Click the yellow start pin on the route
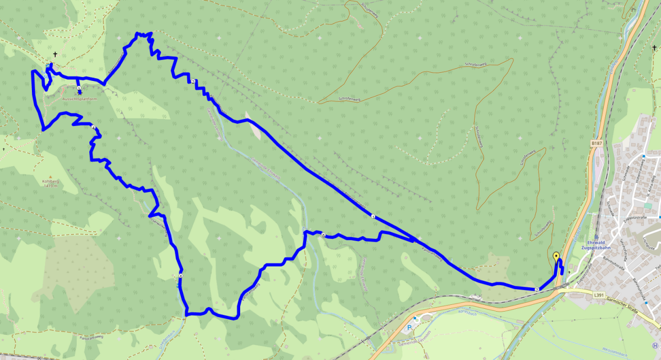(x=556, y=257)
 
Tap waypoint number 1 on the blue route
(x=373, y=216)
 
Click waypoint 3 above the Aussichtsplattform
(x=79, y=88)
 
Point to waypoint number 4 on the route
(x=94, y=128)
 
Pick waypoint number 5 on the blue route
(x=181, y=276)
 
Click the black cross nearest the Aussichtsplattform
(x=55, y=54)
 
